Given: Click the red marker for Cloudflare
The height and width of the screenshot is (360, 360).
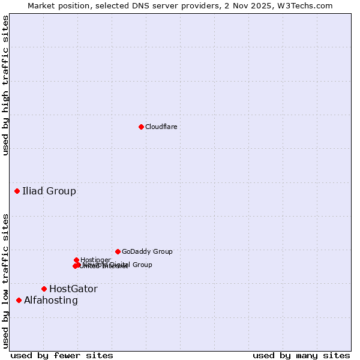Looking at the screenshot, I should [141, 127].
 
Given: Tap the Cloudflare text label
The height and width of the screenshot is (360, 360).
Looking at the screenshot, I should [161, 127].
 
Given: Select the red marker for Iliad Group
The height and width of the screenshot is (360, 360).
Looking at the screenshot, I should [17, 191].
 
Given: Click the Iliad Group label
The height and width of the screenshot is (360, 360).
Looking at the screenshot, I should [49, 191].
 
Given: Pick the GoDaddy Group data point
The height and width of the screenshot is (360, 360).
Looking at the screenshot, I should [118, 251].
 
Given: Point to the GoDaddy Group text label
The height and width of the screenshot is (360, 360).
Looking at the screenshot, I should [147, 251].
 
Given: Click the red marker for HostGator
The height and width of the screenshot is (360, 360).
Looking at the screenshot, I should [44, 289].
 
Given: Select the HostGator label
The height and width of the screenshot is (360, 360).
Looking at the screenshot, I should [73, 289].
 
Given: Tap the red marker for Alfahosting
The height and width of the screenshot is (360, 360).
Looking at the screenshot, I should [19, 300].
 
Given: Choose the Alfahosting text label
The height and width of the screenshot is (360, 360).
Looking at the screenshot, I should [51, 301].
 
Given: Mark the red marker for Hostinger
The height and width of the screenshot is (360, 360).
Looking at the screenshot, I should [76, 260].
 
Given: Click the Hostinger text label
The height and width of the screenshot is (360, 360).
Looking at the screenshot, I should [95, 260].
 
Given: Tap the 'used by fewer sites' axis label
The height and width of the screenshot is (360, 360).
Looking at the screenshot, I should [62, 355].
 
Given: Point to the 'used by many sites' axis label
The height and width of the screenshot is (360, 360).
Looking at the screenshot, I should [301, 355].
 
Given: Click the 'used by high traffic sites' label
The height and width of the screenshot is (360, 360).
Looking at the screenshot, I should [5, 85].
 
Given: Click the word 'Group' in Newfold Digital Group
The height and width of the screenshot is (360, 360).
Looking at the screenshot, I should [142, 265].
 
